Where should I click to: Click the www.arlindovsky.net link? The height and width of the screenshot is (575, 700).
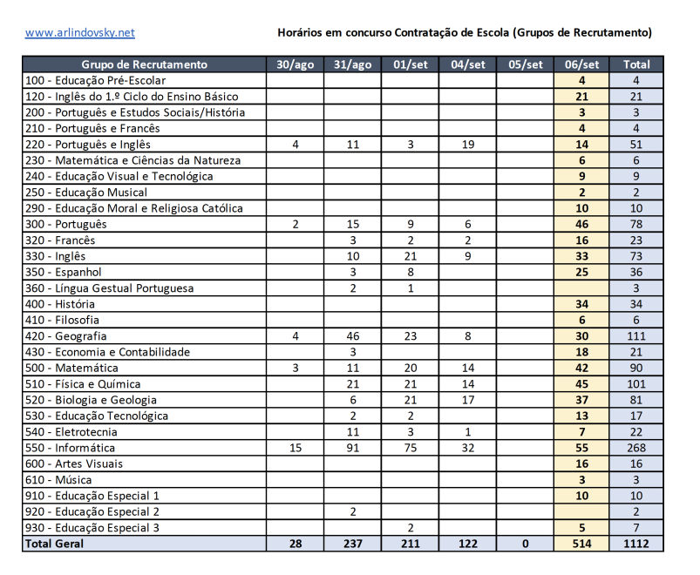coord(80,33)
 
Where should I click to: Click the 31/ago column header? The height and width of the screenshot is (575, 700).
coord(353,64)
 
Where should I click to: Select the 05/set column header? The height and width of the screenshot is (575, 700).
coord(526,64)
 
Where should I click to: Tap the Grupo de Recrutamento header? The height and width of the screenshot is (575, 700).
coord(145,64)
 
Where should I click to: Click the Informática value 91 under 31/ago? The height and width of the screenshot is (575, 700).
coord(353,448)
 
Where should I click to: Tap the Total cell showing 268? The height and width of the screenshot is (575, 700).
coord(636,448)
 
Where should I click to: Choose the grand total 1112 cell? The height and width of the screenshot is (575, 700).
coord(636,544)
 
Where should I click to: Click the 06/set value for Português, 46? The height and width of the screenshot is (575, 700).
coord(581,224)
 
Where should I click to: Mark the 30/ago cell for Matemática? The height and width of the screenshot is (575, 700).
coord(296,368)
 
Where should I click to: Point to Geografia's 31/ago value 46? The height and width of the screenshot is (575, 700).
coord(353,336)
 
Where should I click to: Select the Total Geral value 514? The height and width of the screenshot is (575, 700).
coord(581,544)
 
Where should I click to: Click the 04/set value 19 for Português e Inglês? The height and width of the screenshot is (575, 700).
coord(468,145)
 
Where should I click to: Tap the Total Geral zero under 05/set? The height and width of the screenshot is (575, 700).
coord(526,544)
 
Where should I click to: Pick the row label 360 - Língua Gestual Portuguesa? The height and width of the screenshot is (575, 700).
coord(110,288)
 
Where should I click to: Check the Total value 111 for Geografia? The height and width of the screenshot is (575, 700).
coord(636,336)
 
